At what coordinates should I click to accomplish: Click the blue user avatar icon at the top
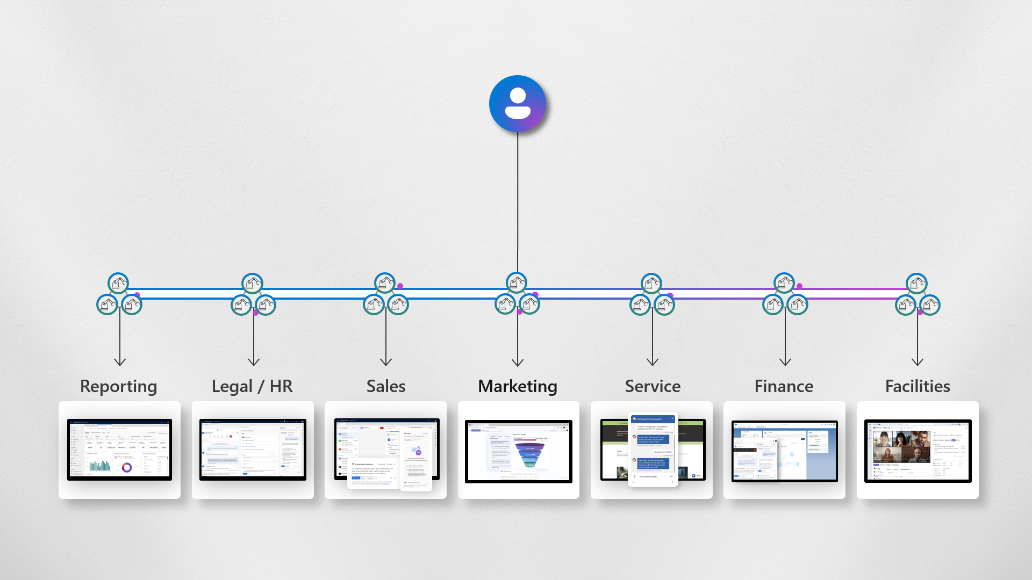517,104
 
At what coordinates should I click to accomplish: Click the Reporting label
118,386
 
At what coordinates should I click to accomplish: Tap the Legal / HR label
252,386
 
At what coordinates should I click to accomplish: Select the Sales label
386,386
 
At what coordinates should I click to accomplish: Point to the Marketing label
518,386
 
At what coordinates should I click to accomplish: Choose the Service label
653,386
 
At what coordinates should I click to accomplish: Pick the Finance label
784,386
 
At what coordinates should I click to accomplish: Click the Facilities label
918,386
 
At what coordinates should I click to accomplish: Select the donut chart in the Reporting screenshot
127,467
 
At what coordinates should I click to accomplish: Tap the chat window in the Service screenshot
653,450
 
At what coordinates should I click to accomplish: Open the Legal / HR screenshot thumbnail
253,450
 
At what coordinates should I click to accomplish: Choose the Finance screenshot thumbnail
784,451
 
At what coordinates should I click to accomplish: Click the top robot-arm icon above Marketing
517,282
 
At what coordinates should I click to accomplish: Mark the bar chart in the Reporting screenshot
100,466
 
